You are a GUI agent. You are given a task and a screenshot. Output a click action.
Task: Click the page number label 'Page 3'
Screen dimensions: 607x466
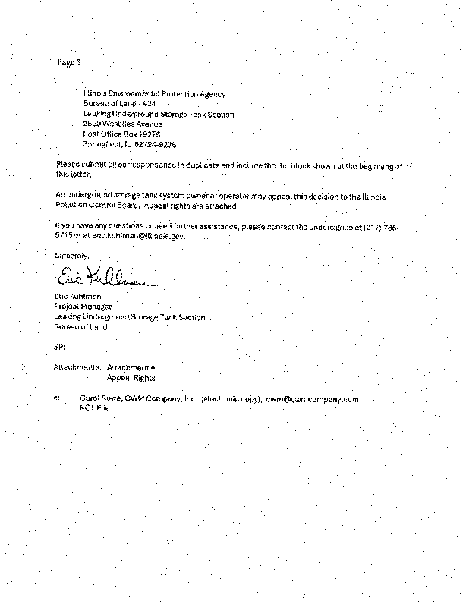tap(68, 62)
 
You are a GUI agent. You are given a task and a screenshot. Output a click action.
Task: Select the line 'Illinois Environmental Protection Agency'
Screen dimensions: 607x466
tap(154, 93)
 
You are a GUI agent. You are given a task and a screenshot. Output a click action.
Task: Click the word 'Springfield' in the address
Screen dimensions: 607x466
tap(102, 144)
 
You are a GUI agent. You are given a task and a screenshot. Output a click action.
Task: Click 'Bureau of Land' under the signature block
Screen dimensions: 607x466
tap(81, 327)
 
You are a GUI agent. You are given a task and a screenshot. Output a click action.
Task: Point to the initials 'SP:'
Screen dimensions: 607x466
tap(59, 347)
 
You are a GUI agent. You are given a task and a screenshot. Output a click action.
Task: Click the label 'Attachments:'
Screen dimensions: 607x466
tap(77, 367)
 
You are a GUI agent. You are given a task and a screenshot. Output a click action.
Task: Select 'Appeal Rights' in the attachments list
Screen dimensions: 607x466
tap(131, 377)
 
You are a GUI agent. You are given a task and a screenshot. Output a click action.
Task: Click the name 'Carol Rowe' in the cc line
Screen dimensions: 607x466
tap(99, 398)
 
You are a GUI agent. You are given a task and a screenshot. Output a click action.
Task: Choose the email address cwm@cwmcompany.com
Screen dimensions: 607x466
tap(312, 398)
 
